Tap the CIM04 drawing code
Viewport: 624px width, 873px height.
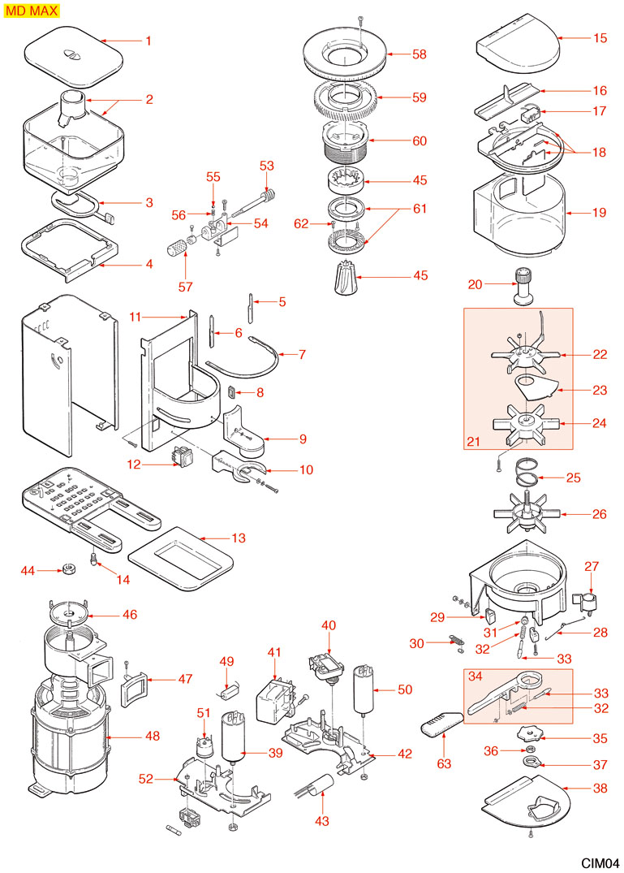click(600, 862)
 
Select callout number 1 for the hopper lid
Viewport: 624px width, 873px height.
click(148, 41)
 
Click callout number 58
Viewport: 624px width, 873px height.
click(419, 54)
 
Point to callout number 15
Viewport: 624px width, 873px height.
click(600, 38)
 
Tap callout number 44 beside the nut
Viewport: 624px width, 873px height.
click(28, 571)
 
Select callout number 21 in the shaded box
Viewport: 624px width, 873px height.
click(474, 441)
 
